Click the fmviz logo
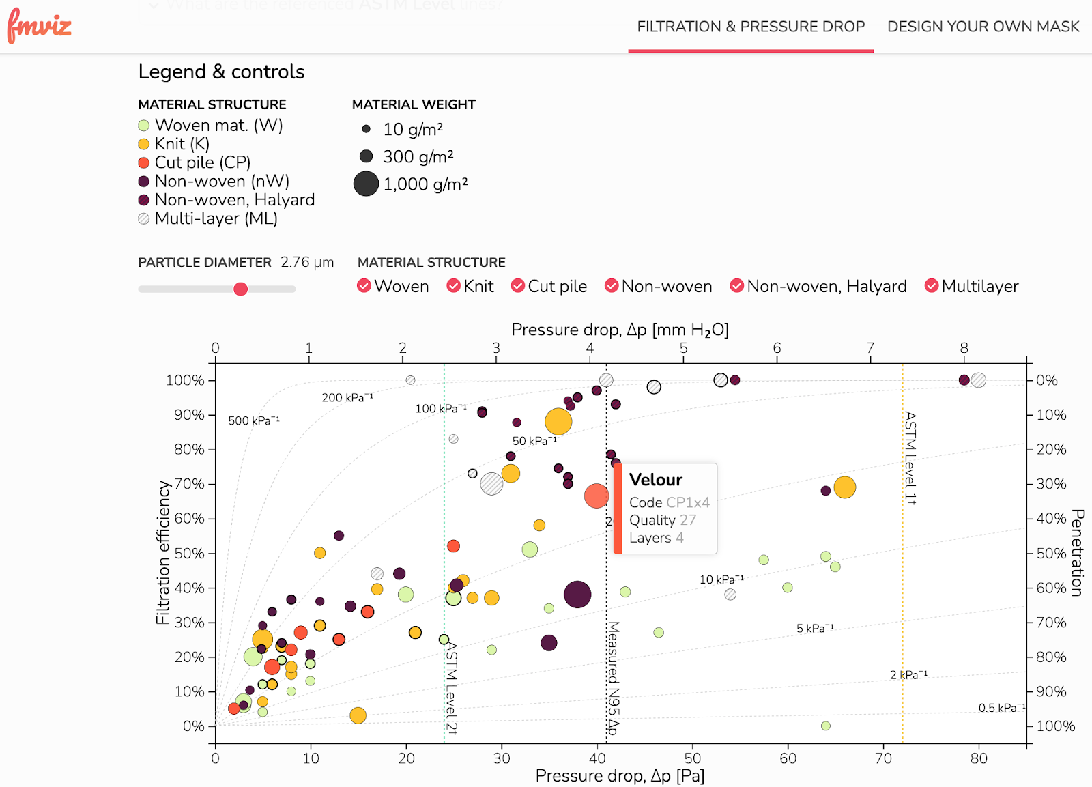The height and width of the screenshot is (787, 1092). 39,27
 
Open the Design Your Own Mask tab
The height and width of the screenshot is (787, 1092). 983,27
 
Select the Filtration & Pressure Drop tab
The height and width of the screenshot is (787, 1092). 751,27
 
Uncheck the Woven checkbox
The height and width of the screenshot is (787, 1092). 364,286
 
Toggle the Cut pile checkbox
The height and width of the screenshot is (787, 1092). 518,286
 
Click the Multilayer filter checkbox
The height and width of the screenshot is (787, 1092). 932,286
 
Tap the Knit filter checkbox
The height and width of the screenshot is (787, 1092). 454,286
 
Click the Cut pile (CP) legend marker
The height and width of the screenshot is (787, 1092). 144,163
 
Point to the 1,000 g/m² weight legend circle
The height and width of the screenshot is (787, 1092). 366,184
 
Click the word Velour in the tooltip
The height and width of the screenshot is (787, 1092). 655,480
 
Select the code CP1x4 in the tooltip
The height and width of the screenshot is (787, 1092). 688,502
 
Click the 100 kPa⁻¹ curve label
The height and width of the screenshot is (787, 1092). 441,409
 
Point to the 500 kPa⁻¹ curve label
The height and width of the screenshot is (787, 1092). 254,420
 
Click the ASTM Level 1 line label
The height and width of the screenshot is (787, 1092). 910,457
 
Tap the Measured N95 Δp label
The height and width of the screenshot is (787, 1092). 614,677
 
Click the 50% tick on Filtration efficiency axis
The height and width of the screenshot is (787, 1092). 189,554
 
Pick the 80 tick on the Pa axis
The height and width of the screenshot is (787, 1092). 979,758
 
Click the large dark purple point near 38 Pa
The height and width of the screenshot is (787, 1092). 577,595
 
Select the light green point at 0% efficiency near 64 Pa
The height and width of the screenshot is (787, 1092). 826,726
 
